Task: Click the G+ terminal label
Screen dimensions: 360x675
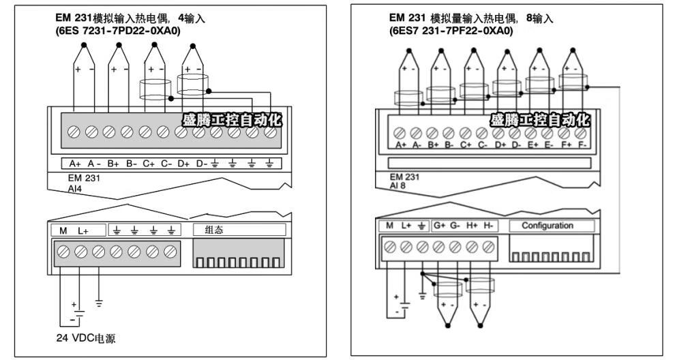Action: (439, 226)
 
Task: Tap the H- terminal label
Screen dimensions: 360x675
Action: (487, 226)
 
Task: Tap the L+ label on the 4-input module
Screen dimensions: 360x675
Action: (82, 230)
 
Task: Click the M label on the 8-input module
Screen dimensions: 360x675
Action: (389, 226)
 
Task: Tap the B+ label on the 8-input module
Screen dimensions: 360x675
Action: (432, 145)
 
